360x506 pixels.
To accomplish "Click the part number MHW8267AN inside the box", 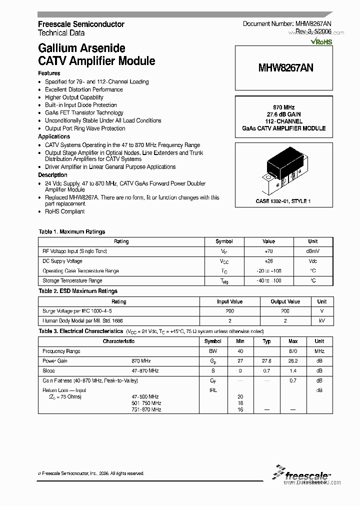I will tap(286, 67).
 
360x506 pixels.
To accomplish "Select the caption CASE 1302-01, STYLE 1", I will tap(283, 201).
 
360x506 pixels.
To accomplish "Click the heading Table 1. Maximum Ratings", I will tap(72, 231).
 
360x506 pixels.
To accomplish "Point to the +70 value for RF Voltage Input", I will tap(268, 251).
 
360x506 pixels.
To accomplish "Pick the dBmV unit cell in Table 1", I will tap(312, 251).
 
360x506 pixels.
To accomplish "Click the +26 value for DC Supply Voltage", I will tap(268, 261).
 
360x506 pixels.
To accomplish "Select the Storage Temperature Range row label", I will tap(72, 281).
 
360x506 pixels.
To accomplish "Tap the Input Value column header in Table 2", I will tap(229, 301).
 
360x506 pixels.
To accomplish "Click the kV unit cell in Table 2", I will tap(321, 320).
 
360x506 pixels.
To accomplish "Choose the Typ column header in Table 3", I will tap(267, 341).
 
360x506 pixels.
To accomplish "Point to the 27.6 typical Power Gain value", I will tap(267, 360).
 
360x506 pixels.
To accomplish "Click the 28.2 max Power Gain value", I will tap(293, 360).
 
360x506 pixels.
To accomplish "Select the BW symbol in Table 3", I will tap(213, 351).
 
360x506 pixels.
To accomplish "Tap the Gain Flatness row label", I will tap(90, 380).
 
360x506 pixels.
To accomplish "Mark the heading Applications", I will tap(54, 136).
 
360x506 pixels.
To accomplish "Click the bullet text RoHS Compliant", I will tap(65, 211).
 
